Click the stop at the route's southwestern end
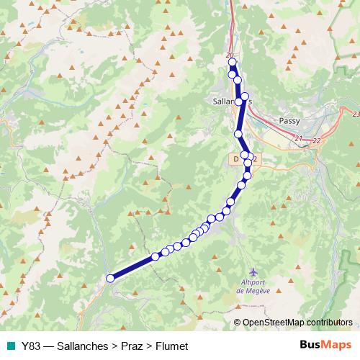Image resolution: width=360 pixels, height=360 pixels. pos(110,278)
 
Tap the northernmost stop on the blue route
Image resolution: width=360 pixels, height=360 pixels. pos(233,63)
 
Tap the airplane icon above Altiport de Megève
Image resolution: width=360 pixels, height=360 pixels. pos(251,273)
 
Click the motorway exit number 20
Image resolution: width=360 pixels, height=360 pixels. pos(230,55)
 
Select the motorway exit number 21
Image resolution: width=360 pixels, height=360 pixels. pos(299,138)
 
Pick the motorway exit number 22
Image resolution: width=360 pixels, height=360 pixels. pos(316,141)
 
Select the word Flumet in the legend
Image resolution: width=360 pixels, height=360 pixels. pos(172,346)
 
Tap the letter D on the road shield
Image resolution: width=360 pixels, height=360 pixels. pos(235,157)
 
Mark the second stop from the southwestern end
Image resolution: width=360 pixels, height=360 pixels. pos(155,256)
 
